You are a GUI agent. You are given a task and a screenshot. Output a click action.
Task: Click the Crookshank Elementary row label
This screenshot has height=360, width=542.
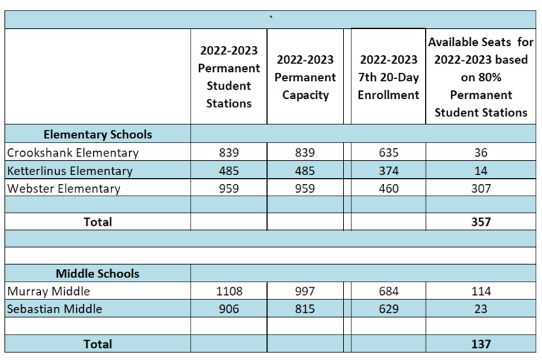pos(73,152)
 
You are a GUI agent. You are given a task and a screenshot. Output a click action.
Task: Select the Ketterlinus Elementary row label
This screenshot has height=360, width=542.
pos(69,171)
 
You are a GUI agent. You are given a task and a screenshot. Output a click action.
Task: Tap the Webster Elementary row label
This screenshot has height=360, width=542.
pos(64,188)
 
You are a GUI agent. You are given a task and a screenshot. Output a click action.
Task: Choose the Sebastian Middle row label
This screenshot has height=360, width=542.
pos(54,308)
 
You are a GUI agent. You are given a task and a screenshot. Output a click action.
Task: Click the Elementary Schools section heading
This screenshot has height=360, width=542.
pos(97,134)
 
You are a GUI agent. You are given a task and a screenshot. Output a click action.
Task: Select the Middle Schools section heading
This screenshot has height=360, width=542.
pos(97,273)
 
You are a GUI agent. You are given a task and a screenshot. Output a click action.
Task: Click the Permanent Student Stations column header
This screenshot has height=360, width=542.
pos(229,77)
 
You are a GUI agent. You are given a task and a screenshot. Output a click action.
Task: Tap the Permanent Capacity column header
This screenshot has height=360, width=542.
pos(305,77)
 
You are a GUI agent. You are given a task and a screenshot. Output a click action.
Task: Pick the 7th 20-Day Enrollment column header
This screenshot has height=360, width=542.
pos(388,77)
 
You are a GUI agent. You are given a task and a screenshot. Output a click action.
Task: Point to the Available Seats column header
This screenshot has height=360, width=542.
pos(481,77)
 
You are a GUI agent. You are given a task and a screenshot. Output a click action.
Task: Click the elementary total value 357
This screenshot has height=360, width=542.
pos(481,222)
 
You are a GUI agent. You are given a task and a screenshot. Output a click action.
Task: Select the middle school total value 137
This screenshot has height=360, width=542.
pos(481,344)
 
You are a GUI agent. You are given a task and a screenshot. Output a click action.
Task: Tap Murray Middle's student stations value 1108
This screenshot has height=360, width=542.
pos(229,291)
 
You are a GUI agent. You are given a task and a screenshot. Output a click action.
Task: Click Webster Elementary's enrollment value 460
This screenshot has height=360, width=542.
pos(388,188)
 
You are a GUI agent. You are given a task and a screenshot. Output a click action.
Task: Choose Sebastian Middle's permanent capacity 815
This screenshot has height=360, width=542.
pos(305,308)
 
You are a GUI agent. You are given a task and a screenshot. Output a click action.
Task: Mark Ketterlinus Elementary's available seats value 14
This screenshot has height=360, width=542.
pos(481,171)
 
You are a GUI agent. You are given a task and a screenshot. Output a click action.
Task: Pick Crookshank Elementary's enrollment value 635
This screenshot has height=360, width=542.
pos(388,152)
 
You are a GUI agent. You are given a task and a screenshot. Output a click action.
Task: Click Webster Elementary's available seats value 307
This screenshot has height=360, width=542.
pos(481,188)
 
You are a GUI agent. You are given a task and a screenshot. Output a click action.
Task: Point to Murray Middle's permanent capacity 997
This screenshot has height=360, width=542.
pos(305,291)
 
